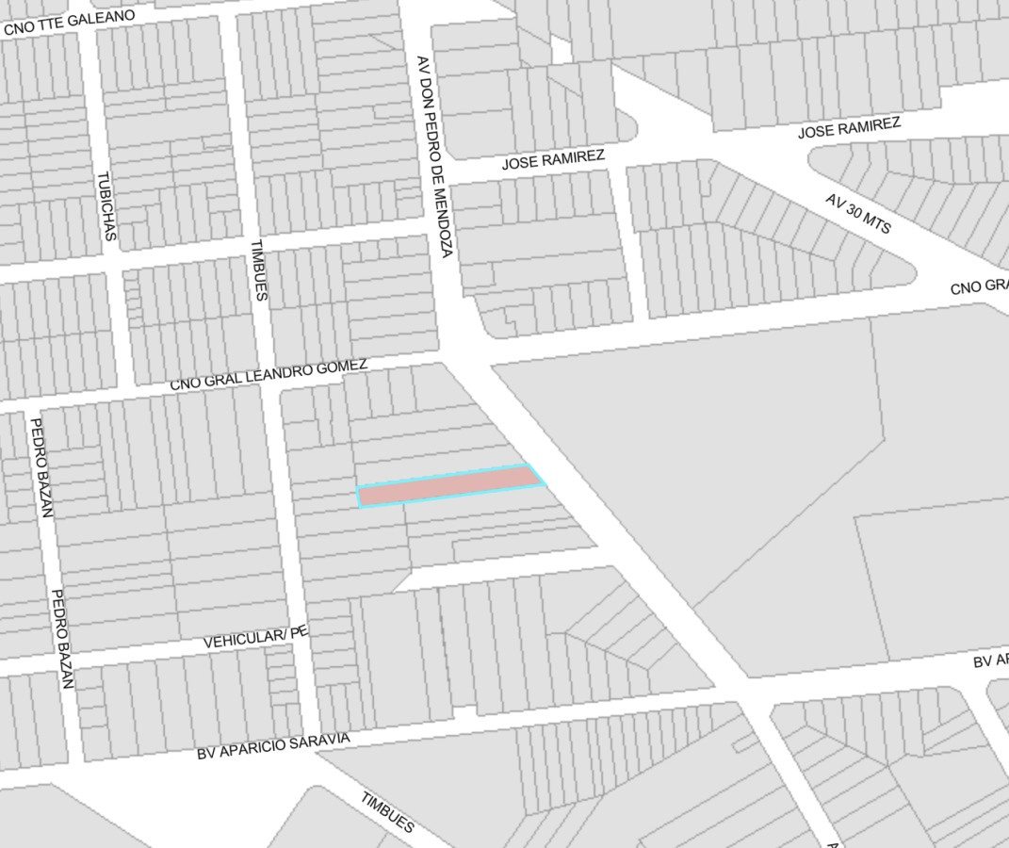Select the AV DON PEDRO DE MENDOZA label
pos(434,155)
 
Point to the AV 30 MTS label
pos(857,214)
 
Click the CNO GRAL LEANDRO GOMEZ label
pos(269,375)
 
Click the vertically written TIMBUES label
pos(258,270)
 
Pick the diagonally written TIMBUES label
pos(387,811)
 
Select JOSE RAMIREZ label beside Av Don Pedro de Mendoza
pos(553,159)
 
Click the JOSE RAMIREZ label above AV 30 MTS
pos(849,128)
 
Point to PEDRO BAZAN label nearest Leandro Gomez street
pos(41,467)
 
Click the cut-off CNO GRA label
pos(980,285)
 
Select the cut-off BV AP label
pos(991,660)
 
